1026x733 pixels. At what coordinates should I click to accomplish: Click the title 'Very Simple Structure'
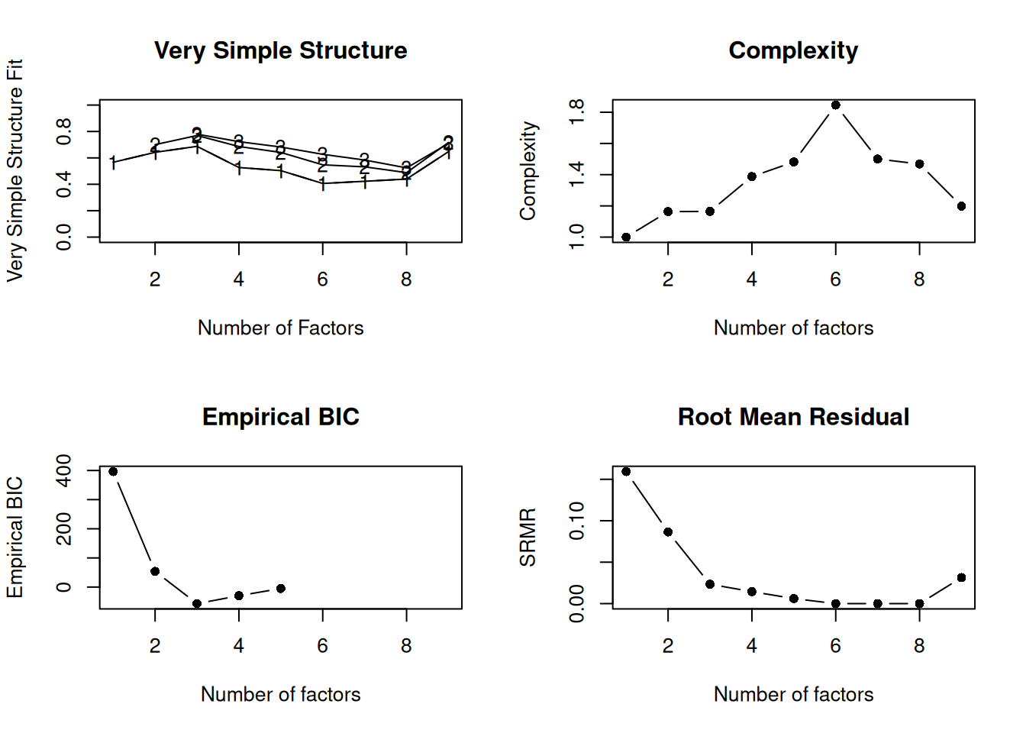click(280, 50)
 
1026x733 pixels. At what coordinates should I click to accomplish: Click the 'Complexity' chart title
click(793, 50)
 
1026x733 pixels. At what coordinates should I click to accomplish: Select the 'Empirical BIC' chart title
click(280, 417)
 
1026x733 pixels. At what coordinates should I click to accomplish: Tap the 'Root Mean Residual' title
click(793, 417)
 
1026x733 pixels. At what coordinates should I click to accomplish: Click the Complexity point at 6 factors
click(836, 105)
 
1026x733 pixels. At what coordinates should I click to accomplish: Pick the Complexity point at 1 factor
click(626, 237)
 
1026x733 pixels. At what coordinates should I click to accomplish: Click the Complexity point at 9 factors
click(961, 206)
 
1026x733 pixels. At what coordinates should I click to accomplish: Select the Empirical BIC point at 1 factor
click(113, 472)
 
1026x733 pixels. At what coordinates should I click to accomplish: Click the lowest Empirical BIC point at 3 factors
click(197, 604)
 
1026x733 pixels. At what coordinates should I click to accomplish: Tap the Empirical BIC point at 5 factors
click(281, 589)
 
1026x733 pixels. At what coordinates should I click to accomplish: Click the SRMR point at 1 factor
click(626, 472)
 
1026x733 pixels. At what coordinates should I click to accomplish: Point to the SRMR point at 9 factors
click(961, 578)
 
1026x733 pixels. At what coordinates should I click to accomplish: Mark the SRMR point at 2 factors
click(668, 532)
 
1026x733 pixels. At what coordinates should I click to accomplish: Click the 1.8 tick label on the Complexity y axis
click(577, 112)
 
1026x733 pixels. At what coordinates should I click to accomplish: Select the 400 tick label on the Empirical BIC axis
click(64, 470)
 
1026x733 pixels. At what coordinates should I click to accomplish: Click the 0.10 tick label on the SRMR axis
click(577, 521)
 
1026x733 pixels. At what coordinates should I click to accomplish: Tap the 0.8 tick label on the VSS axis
click(64, 131)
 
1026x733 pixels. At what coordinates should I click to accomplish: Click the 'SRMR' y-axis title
click(528, 538)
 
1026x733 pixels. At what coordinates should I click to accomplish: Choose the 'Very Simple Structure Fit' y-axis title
click(15, 170)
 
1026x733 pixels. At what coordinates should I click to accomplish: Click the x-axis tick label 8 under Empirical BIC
click(406, 646)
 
